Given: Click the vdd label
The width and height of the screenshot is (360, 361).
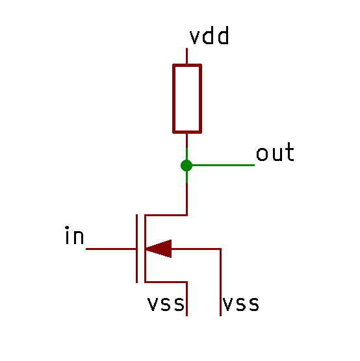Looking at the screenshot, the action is point(209,35).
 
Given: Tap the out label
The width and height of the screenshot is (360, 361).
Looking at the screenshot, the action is point(275,152).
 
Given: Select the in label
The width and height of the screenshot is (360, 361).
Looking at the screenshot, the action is point(74,235).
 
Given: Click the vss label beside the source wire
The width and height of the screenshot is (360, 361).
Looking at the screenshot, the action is point(166,304).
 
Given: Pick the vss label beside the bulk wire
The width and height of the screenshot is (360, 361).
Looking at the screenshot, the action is point(241,304).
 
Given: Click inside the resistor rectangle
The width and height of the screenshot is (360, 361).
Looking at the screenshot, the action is point(187,99).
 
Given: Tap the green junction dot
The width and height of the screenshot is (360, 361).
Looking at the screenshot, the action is point(186,166).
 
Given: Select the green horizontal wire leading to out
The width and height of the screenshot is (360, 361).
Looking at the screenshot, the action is point(224,165).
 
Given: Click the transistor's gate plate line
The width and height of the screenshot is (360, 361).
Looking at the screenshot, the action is point(136,249).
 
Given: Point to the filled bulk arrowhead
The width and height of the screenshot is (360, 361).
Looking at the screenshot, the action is point(159,249).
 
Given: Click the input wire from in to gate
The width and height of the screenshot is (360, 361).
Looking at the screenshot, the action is point(111,249).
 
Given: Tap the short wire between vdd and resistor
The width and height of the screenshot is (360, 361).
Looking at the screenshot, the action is point(186,56).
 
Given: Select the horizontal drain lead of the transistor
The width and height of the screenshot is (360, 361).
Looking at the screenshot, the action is point(166,216).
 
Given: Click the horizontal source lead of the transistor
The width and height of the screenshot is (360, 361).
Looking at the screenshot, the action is point(166,282).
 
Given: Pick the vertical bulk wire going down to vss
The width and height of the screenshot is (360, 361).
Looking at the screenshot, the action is point(220,282).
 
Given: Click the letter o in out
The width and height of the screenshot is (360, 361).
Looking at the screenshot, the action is point(262,154).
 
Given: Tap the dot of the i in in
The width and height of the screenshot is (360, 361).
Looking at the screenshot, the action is point(67,228).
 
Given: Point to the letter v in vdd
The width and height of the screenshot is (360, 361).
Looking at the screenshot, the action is point(194,37).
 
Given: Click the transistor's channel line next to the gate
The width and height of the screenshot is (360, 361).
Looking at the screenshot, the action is point(145,249).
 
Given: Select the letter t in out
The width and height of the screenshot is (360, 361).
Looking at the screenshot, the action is point(289,152).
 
